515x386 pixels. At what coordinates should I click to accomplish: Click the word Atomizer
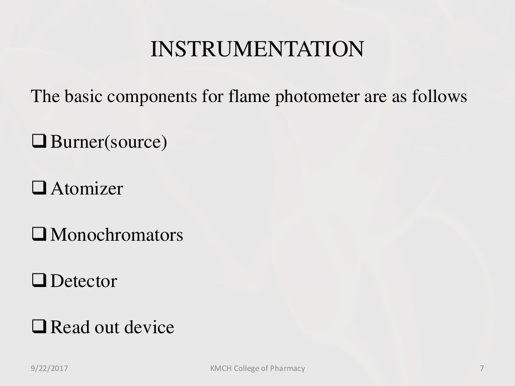pos(87,189)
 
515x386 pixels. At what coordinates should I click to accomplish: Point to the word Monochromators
pos(117,235)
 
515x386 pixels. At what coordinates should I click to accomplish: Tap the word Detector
pos(83,281)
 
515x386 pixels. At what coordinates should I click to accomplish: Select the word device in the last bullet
pos(150,327)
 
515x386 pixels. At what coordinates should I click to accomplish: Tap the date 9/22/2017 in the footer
pos(48,368)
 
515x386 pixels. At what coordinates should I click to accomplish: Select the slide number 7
pos(482,368)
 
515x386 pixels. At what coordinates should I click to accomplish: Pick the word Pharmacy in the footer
pos(287,368)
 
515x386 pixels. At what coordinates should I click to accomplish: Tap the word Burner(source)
pos(109,143)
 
